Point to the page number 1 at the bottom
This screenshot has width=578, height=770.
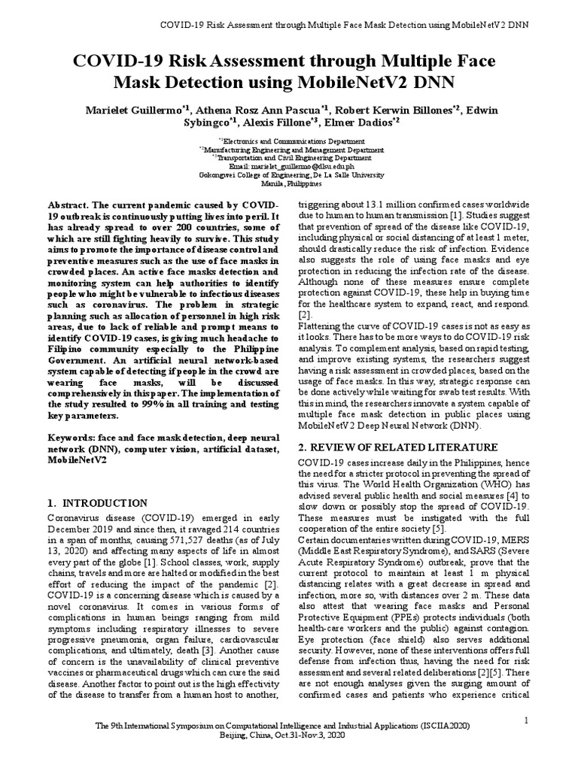[x=527, y=721]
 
